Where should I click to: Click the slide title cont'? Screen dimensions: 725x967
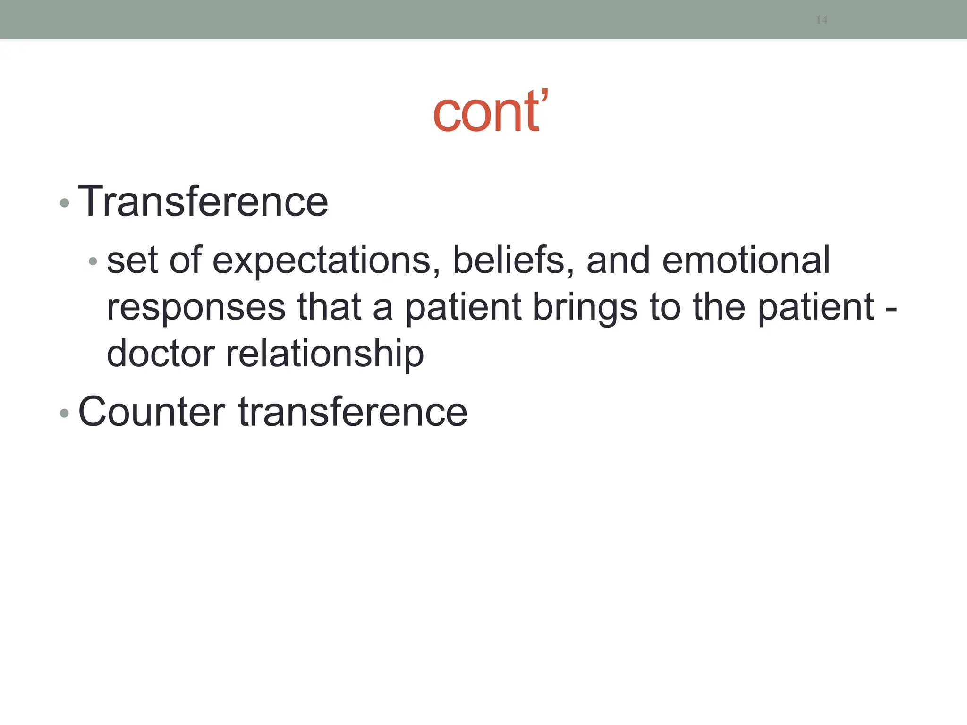click(490, 112)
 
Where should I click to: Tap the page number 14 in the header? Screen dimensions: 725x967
click(822, 20)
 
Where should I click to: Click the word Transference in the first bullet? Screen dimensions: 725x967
click(203, 202)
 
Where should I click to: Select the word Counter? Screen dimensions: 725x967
click(152, 412)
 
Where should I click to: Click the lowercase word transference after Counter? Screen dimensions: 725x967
click(353, 412)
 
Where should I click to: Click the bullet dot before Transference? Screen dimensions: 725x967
click(65, 203)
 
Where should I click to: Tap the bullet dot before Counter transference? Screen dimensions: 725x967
click(65, 413)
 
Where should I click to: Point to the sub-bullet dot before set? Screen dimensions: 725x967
click(93, 261)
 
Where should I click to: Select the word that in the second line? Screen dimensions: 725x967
click(329, 307)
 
